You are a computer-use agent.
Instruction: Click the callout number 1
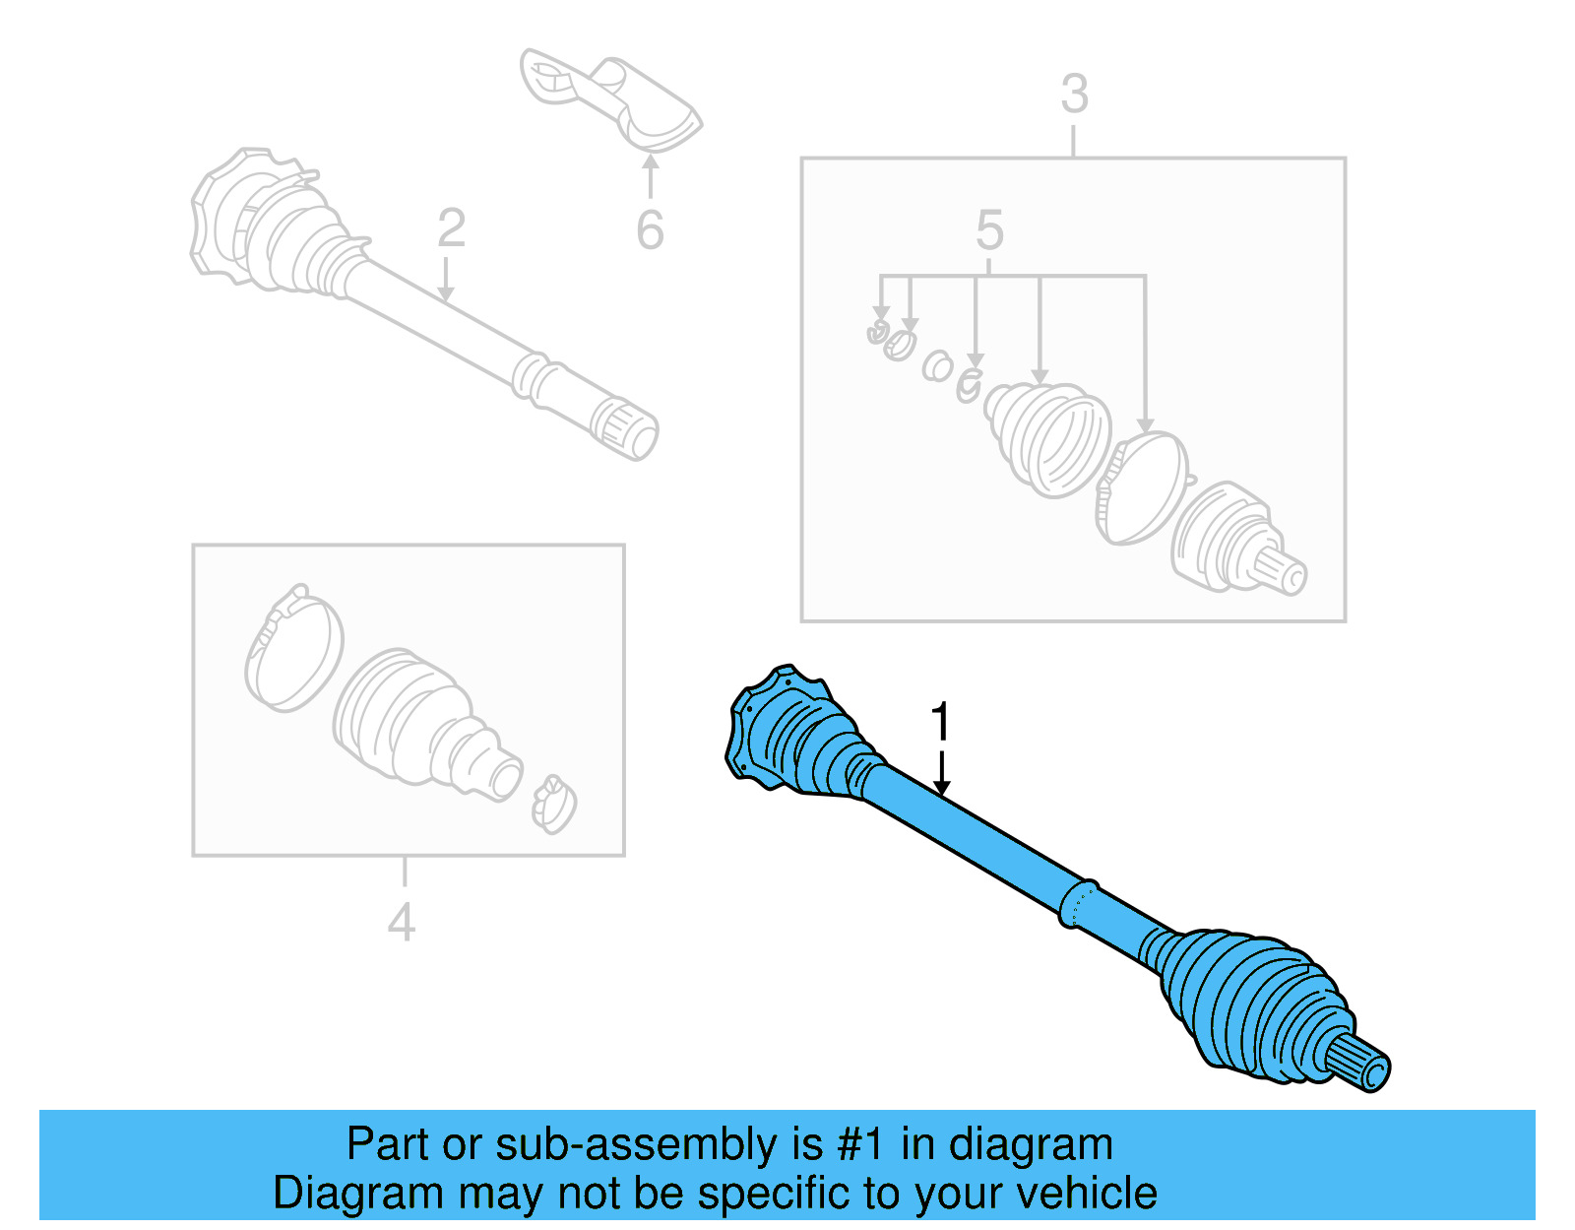coord(941,722)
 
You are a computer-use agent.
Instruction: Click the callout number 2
coord(451,228)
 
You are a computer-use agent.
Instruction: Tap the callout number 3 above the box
coord(1074,95)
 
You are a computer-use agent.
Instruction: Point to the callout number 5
coord(989,230)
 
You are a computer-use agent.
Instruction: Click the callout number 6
coord(650,230)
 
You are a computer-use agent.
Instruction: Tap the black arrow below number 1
coord(942,774)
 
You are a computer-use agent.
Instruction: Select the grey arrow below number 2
coord(446,280)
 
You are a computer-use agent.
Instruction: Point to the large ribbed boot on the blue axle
coord(1250,1004)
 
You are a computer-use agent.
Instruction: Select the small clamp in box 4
coord(553,804)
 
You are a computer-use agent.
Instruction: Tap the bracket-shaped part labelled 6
coord(610,98)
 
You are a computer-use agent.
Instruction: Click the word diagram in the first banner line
coord(1030,1144)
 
